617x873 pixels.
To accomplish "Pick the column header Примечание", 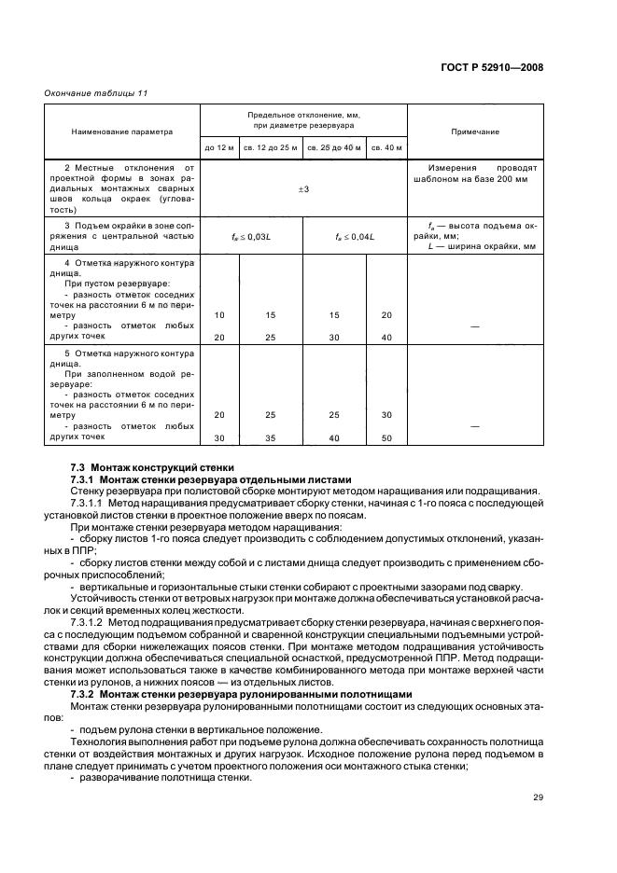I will point(476,132).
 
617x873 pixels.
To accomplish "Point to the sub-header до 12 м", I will point(220,147).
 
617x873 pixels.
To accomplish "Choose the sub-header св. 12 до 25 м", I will point(271,147).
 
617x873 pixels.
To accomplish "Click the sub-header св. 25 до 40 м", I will point(334,147).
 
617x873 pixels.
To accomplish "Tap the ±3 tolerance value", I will point(303,189).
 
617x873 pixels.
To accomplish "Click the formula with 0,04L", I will point(355,237).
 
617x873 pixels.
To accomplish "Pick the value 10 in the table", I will point(219,315).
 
